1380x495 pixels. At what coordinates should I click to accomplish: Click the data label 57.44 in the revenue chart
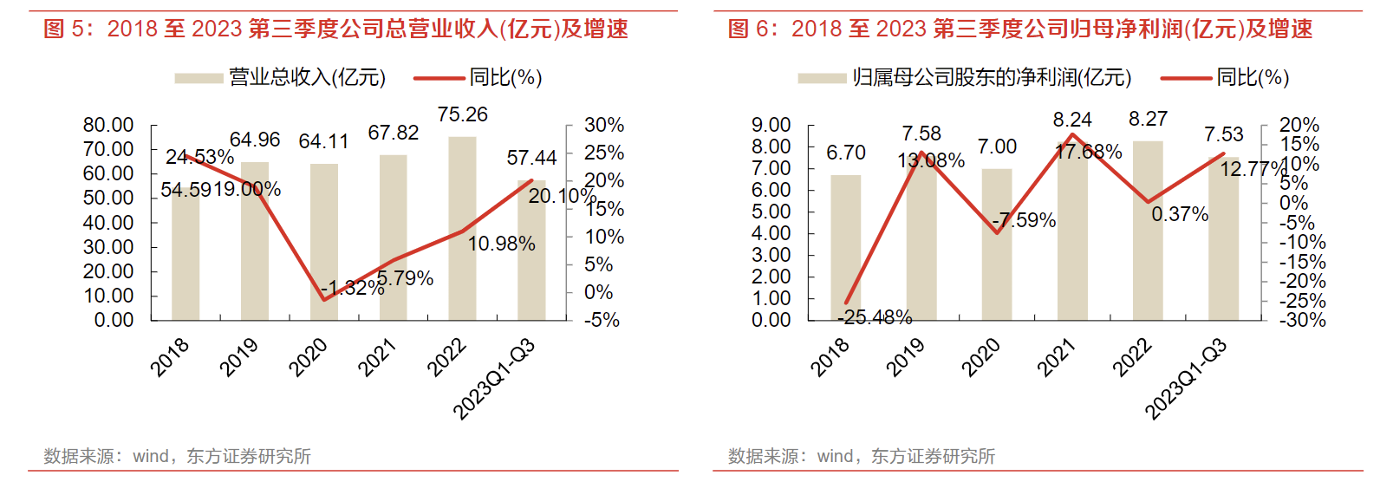click(x=531, y=158)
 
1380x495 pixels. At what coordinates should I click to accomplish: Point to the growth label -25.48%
click(x=875, y=317)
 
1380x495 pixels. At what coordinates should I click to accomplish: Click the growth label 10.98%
click(x=501, y=244)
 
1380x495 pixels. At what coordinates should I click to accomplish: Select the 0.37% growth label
click(x=1180, y=214)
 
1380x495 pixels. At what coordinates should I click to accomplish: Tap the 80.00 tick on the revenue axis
click(x=108, y=125)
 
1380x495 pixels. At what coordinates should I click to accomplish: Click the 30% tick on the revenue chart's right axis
click(x=604, y=125)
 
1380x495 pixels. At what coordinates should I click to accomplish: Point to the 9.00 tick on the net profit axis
click(x=771, y=125)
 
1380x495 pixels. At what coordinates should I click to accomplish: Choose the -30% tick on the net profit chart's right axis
click(x=1303, y=320)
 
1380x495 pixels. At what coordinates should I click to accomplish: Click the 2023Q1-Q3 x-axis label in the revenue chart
click(x=494, y=379)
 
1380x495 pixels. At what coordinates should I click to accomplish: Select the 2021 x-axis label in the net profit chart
click(x=1057, y=357)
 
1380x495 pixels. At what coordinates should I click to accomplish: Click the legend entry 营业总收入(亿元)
click(x=307, y=78)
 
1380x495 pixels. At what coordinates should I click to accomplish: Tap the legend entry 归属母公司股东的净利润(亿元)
click(x=991, y=78)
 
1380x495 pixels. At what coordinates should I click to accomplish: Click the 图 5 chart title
click(x=335, y=29)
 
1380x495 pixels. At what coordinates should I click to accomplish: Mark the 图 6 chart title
click(x=1020, y=29)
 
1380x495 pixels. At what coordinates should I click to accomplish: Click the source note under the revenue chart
click(x=178, y=456)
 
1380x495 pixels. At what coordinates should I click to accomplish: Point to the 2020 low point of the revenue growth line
click(x=324, y=300)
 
